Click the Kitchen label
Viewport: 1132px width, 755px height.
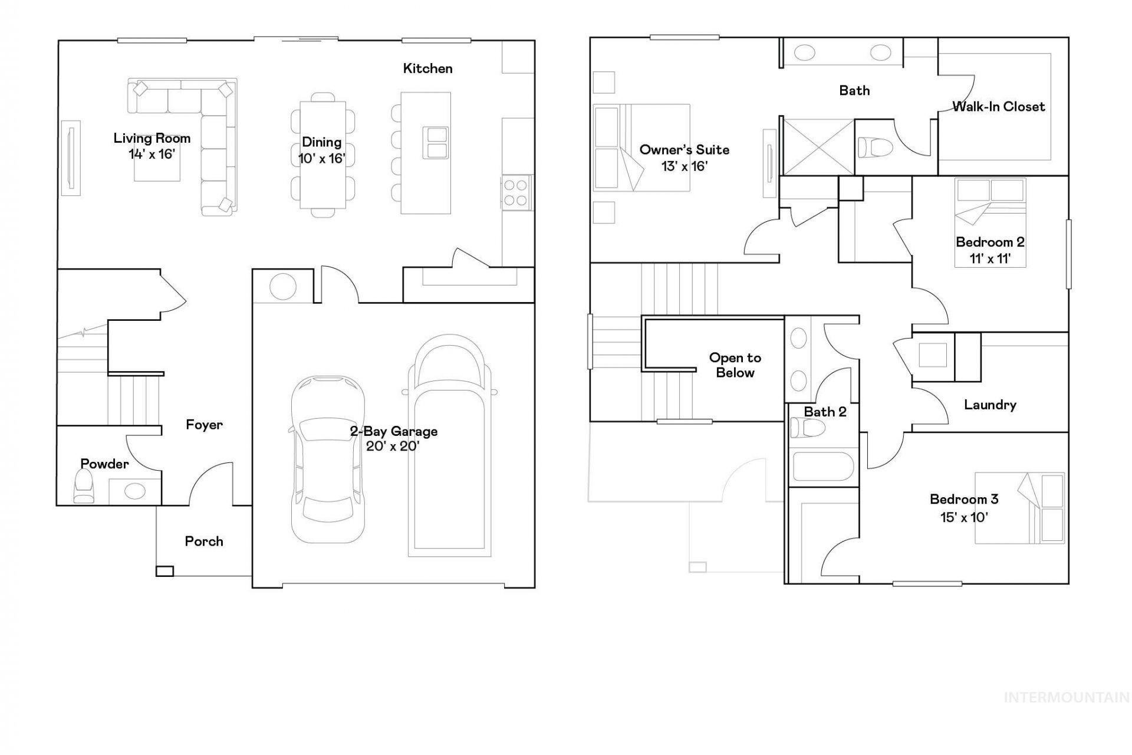pyautogui.click(x=427, y=68)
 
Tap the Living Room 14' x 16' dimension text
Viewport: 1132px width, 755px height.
pyautogui.click(x=152, y=155)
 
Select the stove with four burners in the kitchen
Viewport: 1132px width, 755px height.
pyautogui.click(x=515, y=192)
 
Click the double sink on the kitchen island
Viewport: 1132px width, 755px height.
pyautogui.click(x=436, y=142)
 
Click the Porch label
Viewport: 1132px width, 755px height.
pyautogui.click(x=204, y=541)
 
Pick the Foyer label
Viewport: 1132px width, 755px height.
pyautogui.click(x=204, y=425)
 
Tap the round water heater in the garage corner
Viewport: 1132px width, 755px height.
pyautogui.click(x=283, y=287)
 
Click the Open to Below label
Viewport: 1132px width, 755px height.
pyautogui.click(x=735, y=365)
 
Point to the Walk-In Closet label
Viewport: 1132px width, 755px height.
pyautogui.click(x=999, y=107)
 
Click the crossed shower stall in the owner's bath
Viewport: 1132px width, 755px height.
pyautogui.click(x=818, y=147)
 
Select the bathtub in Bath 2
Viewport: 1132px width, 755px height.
pyautogui.click(x=823, y=466)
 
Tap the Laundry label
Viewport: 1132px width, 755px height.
pyautogui.click(x=990, y=405)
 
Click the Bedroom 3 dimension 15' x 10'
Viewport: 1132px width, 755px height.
pyautogui.click(x=964, y=517)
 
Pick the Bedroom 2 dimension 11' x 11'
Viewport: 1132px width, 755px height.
pyautogui.click(x=990, y=258)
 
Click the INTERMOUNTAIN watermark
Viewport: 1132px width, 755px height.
pyautogui.click(x=1067, y=698)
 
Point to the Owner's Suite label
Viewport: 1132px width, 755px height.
pyautogui.click(x=685, y=150)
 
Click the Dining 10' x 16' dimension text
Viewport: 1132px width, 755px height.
pyautogui.click(x=321, y=159)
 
